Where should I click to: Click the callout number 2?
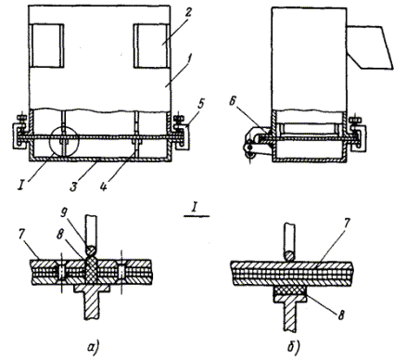[188, 13]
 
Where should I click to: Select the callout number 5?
[200, 104]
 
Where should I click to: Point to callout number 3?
[73, 186]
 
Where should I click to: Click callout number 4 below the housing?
[103, 186]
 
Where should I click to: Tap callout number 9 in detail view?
[64, 213]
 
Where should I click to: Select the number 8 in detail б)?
[340, 315]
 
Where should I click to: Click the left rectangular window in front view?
[46, 45]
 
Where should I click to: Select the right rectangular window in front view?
[151, 45]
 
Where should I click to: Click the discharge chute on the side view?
[370, 46]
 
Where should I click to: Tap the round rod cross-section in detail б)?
[289, 256]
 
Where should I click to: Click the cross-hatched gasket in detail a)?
[91, 271]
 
